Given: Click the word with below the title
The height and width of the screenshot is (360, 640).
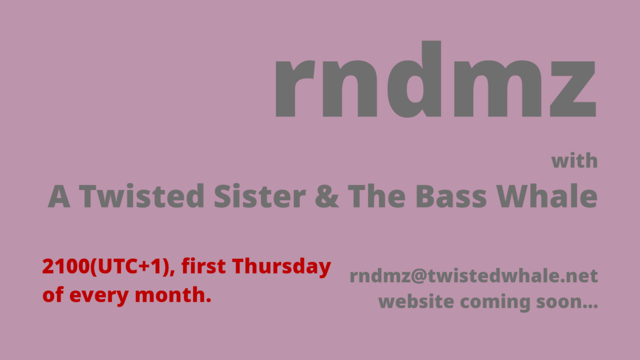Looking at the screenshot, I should pos(574,161).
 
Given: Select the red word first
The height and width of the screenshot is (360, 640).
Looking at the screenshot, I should pos(203,267).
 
